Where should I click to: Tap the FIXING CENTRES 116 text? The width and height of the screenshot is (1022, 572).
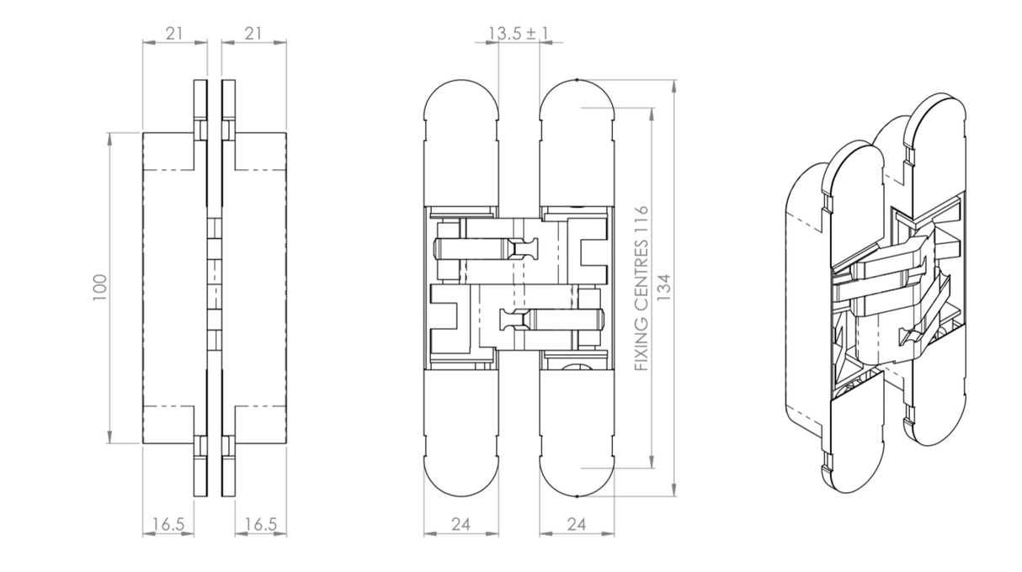(641, 288)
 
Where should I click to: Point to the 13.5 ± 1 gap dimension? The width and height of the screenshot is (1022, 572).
(519, 33)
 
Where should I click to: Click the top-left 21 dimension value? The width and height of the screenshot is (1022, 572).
(175, 33)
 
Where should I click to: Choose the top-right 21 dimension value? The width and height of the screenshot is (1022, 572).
(254, 33)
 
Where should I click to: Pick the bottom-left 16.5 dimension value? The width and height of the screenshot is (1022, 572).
(168, 524)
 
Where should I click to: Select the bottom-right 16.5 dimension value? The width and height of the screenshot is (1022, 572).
(260, 524)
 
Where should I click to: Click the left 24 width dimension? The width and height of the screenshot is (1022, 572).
(460, 524)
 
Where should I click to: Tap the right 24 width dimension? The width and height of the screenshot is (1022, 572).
(576, 524)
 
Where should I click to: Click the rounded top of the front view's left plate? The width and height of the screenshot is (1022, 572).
(461, 105)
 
